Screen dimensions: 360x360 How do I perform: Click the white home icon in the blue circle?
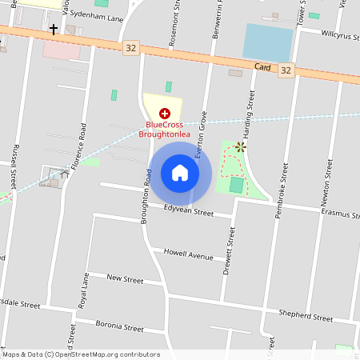(180, 173)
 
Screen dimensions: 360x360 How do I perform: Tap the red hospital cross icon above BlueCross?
(165, 114)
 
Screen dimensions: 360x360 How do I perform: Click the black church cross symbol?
(54, 30)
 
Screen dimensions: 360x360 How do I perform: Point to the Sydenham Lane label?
(96, 14)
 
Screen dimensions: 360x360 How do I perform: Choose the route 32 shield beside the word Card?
(286, 71)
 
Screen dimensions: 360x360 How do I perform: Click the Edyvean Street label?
(189, 212)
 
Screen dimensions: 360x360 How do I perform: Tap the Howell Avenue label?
(188, 255)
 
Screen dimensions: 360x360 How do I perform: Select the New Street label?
(125, 280)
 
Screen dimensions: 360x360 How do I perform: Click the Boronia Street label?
(119, 327)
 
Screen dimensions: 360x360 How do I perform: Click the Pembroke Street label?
(282, 172)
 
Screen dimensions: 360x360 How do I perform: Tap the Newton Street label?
(328, 179)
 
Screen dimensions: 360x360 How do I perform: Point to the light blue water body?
(268, 41)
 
